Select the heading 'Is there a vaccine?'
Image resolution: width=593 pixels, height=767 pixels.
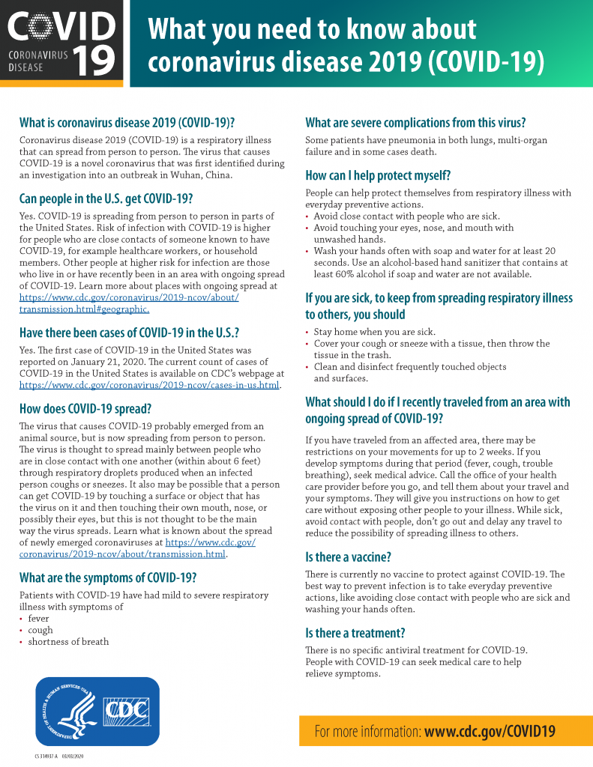(x=348, y=557)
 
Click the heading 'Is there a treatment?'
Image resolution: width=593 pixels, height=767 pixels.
(x=355, y=633)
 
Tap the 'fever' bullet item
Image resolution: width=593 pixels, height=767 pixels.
(x=38, y=619)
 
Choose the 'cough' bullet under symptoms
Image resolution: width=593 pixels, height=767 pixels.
(x=40, y=630)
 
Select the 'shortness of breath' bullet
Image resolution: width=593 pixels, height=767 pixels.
(x=68, y=641)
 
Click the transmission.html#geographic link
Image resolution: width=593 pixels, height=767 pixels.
(x=84, y=309)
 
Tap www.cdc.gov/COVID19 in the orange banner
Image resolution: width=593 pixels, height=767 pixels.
(x=490, y=732)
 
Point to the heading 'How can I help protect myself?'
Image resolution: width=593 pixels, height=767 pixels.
(x=378, y=176)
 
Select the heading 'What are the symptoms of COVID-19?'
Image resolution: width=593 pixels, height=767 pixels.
(x=108, y=577)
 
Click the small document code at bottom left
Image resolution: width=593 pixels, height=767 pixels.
(x=61, y=757)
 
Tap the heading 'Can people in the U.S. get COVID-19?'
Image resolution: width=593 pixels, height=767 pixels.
(x=106, y=199)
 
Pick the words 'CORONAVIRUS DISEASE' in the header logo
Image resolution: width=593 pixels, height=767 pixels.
(x=37, y=61)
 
